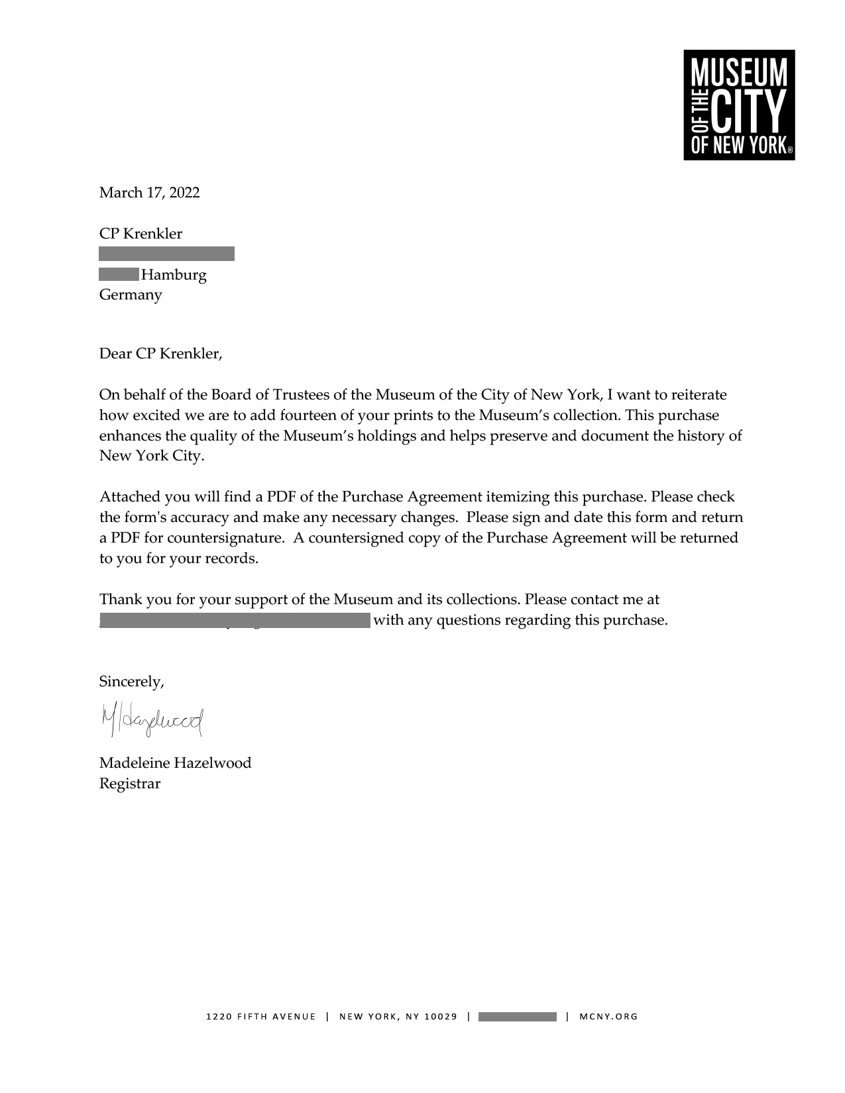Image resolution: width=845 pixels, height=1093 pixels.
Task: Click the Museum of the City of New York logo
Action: coord(739,105)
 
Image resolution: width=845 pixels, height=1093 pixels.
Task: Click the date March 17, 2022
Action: coord(149,193)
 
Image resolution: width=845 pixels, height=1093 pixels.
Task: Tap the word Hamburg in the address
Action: coord(174,275)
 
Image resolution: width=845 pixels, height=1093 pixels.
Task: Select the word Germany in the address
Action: coord(131,295)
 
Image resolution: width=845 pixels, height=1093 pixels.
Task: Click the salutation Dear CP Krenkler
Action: coord(160,354)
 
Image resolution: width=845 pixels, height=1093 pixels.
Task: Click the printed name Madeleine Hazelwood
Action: coord(175,763)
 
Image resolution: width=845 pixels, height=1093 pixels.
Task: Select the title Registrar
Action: coord(130,784)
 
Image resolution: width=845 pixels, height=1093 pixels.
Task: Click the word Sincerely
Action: coord(131,682)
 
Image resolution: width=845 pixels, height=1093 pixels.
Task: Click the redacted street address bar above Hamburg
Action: coord(166,254)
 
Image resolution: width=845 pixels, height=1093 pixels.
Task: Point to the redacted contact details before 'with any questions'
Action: coord(235,621)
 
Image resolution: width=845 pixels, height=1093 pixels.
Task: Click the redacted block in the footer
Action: coord(517,1017)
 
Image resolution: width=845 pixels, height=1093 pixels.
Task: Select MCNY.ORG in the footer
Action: coord(608,1017)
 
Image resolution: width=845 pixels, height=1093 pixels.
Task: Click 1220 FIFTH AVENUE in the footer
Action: coord(261,1017)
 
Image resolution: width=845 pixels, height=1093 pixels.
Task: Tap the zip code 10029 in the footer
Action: coord(441,1017)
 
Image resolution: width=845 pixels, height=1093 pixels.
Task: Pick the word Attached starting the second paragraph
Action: coord(126,497)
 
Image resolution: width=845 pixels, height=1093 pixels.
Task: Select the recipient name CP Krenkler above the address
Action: coord(141,234)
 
